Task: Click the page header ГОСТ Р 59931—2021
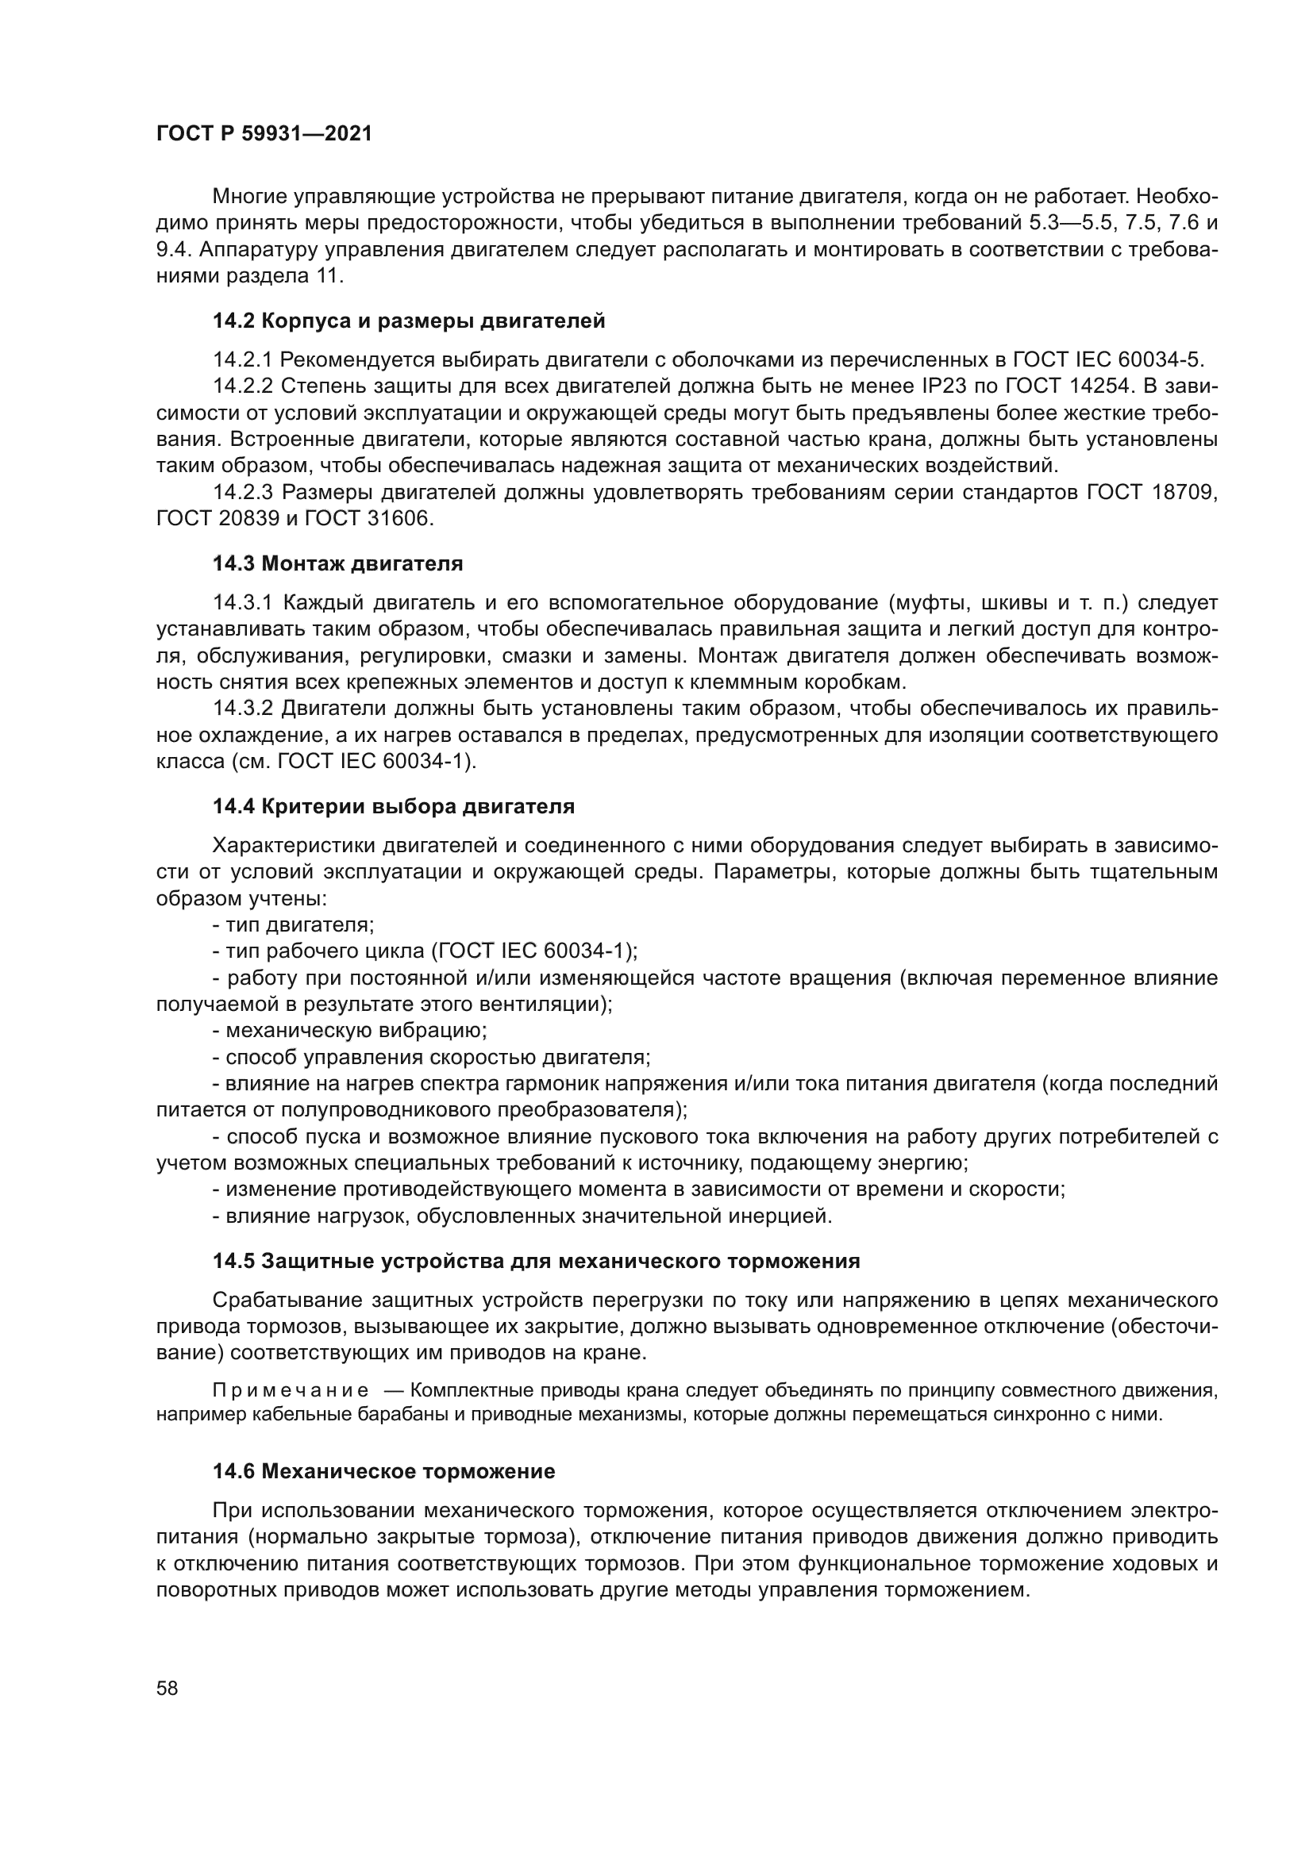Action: pos(264,134)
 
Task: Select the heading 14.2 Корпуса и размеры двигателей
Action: pos(408,321)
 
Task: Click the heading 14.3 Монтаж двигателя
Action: pos(337,563)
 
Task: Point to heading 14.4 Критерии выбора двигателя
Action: pos(393,806)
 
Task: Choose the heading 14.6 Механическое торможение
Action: pos(383,1471)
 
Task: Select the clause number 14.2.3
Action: pos(244,492)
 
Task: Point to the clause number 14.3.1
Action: pos(244,603)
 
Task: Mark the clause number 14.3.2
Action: pos(244,709)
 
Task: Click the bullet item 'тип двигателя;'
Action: pos(293,924)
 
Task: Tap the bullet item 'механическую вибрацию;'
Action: pos(349,1031)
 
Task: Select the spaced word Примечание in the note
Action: pos(291,1390)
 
